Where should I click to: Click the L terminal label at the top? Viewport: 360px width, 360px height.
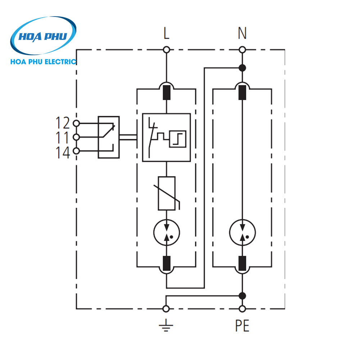[166, 34]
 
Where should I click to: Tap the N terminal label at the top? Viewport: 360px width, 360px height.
[242, 34]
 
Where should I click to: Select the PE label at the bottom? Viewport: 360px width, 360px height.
[242, 326]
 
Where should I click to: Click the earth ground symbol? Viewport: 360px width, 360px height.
[166, 325]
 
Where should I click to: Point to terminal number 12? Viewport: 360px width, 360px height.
[62, 123]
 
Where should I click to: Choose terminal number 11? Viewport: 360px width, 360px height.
[62, 137]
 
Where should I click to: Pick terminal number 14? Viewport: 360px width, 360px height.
[62, 153]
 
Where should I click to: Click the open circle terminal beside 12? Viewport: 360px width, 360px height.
[76, 123]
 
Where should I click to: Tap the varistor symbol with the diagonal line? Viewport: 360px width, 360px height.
[167, 193]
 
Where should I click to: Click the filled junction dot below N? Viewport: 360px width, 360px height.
[242, 68]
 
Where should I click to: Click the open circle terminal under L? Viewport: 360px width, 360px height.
[166, 49]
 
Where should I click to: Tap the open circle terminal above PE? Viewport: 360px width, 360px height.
[242, 309]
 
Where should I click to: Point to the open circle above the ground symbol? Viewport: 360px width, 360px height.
[166, 309]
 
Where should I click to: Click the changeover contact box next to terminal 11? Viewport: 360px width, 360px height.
[108, 137]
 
